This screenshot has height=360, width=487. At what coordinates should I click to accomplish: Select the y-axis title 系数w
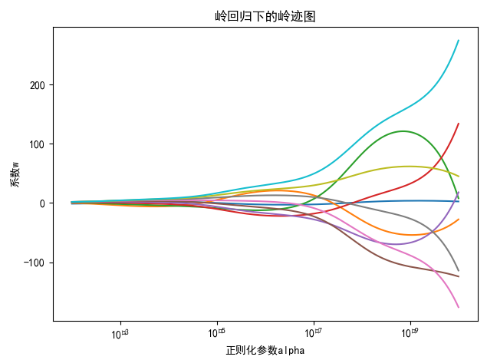click(14, 173)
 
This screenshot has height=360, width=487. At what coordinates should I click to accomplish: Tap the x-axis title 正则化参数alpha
click(265, 350)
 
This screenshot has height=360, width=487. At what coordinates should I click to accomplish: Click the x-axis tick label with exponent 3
click(120, 334)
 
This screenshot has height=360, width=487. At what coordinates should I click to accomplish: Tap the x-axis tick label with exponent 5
click(217, 334)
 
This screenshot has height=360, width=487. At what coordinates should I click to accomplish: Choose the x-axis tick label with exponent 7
click(314, 334)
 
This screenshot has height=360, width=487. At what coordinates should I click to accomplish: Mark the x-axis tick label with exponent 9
click(410, 334)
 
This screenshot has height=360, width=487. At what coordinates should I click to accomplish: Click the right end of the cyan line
click(459, 40)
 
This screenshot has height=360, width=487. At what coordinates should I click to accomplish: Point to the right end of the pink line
click(459, 308)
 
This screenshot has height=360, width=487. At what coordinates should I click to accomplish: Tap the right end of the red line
click(459, 123)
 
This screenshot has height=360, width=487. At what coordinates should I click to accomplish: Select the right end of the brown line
click(459, 276)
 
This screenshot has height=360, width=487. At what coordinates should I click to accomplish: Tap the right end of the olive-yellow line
click(459, 177)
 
